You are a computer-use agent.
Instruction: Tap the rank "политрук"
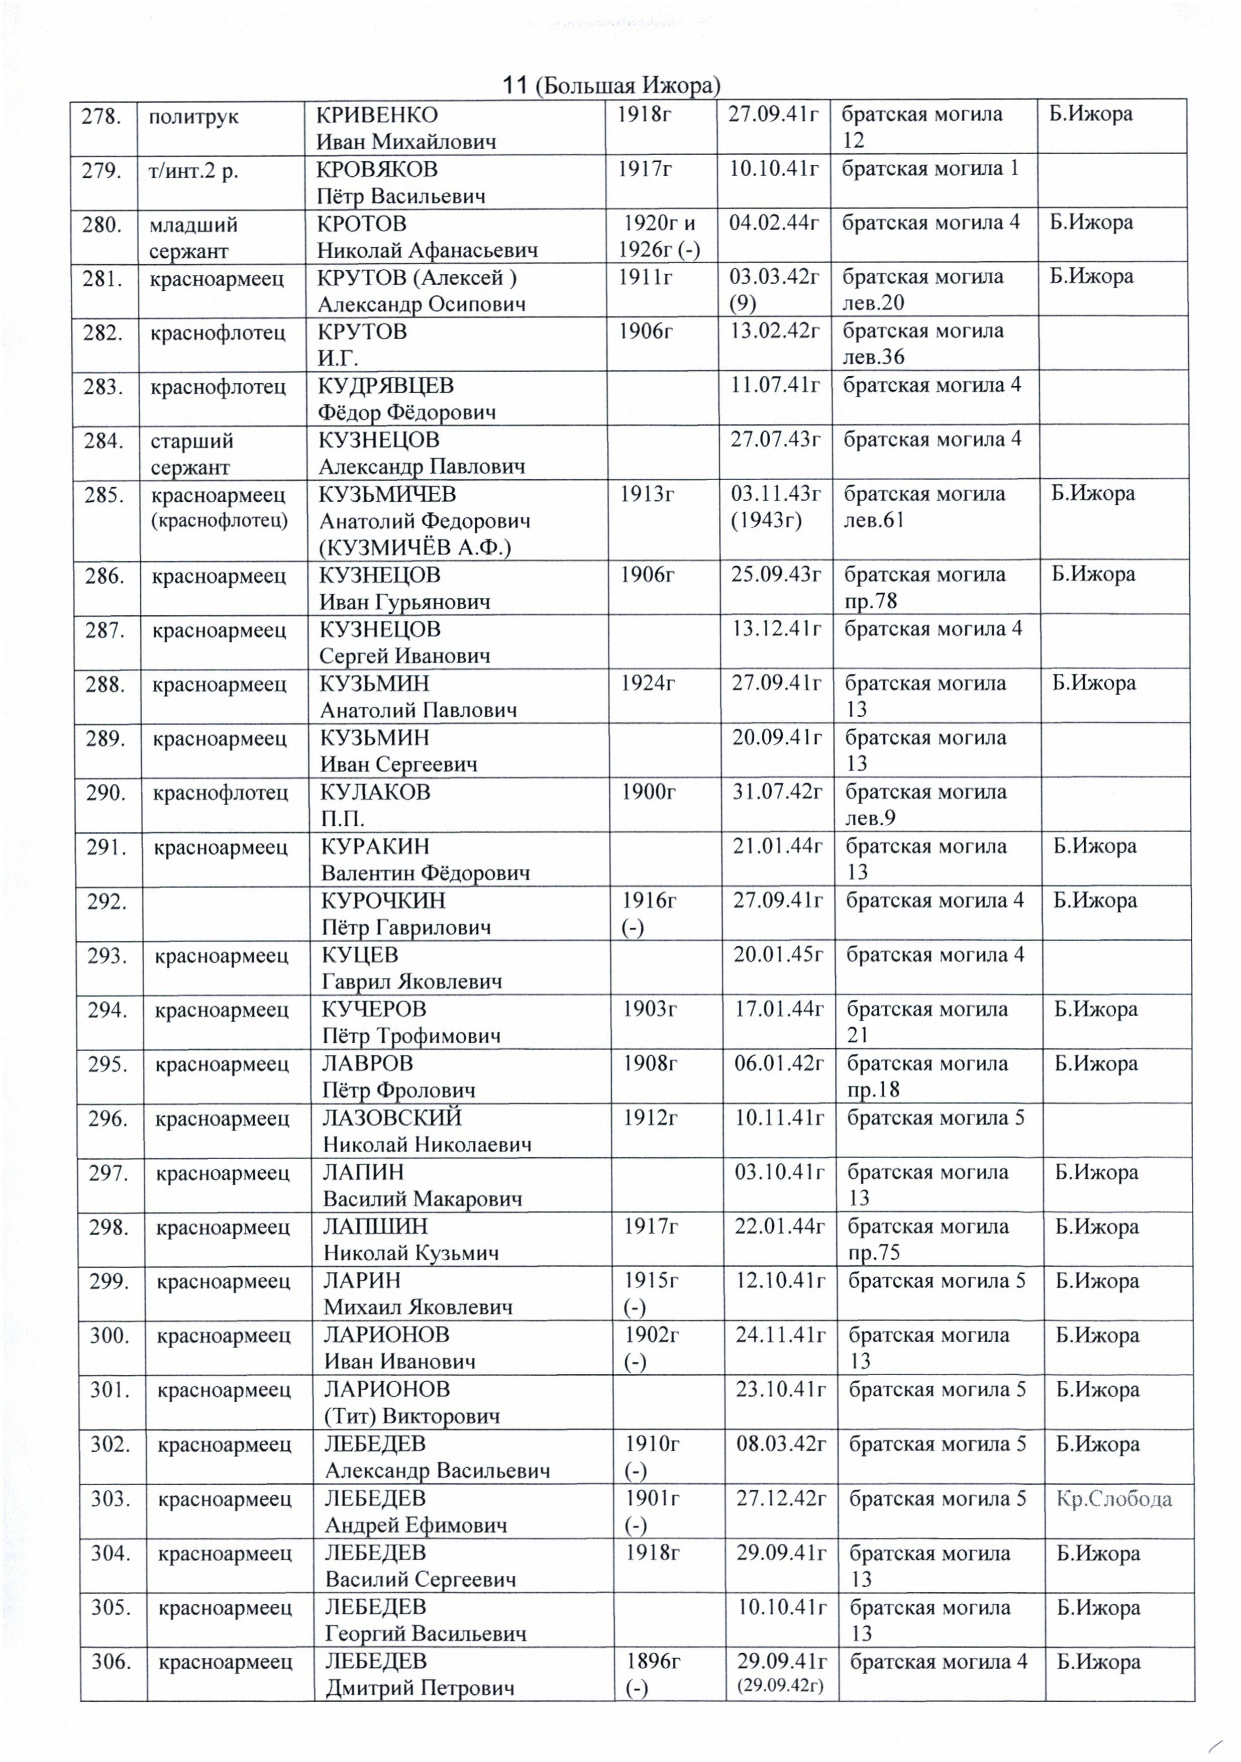[x=193, y=117]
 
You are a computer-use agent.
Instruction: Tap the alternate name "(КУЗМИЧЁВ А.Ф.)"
[x=415, y=547]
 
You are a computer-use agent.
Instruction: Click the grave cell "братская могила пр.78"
[x=924, y=587]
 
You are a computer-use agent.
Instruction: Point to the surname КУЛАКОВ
[x=376, y=792]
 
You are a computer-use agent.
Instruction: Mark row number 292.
[x=107, y=902]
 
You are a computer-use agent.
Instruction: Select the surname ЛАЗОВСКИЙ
[x=392, y=1118]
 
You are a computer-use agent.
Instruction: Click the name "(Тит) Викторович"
[x=411, y=1416]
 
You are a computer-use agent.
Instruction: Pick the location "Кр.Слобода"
[x=1113, y=1499]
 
